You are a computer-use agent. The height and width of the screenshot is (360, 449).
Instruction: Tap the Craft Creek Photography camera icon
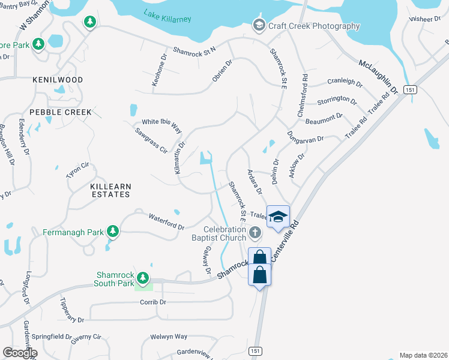tap(259, 25)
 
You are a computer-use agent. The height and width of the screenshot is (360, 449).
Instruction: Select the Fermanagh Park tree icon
tap(112, 231)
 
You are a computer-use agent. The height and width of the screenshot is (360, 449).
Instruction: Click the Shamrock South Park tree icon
tap(142, 277)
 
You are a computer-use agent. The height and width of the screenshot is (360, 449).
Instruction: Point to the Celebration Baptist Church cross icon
tap(255, 232)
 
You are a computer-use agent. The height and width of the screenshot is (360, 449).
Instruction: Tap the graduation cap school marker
tap(278, 217)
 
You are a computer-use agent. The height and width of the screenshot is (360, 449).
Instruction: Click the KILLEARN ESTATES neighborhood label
tap(110, 191)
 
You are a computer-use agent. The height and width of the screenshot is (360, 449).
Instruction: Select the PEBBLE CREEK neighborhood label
tap(61, 112)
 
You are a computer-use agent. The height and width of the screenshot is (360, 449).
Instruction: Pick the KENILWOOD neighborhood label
tap(58, 79)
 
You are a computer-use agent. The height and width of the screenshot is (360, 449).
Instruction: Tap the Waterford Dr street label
tap(166, 221)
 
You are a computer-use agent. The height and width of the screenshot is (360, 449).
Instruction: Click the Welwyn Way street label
tap(169, 337)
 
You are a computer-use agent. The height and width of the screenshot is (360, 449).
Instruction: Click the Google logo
tap(20, 353)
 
